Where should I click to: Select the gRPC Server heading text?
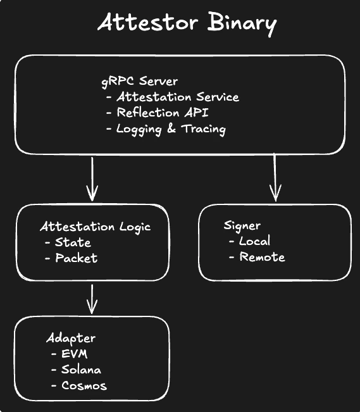click(x=139, y=81)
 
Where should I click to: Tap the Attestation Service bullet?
click(x=177, y=97)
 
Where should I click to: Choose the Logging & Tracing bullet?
click(x=171, y=128)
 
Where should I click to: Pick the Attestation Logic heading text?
click(x=96, y=227)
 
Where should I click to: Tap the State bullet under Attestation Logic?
click(x=73, y=242)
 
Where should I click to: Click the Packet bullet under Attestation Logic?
click(x=76, y=258)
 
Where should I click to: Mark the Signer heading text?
click(x=242, y=226)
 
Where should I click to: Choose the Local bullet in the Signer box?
click(x=254, y=241)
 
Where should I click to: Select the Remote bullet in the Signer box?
click(x=262, y=257)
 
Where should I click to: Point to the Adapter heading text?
click(x=70, y=337)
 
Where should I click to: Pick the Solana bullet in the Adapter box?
click(x=81, y=369)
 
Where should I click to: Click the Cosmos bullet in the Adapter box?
click(x=84, y=385)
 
